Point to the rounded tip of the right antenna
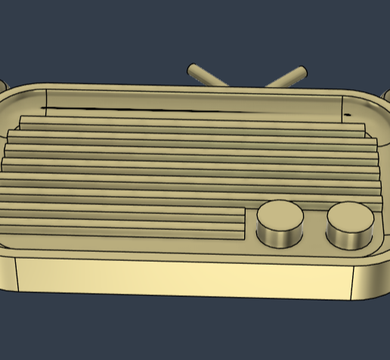click(302, 72)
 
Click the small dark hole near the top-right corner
click(348, 114)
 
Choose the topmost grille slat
click(189, 122)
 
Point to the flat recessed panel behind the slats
click(189, 101)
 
